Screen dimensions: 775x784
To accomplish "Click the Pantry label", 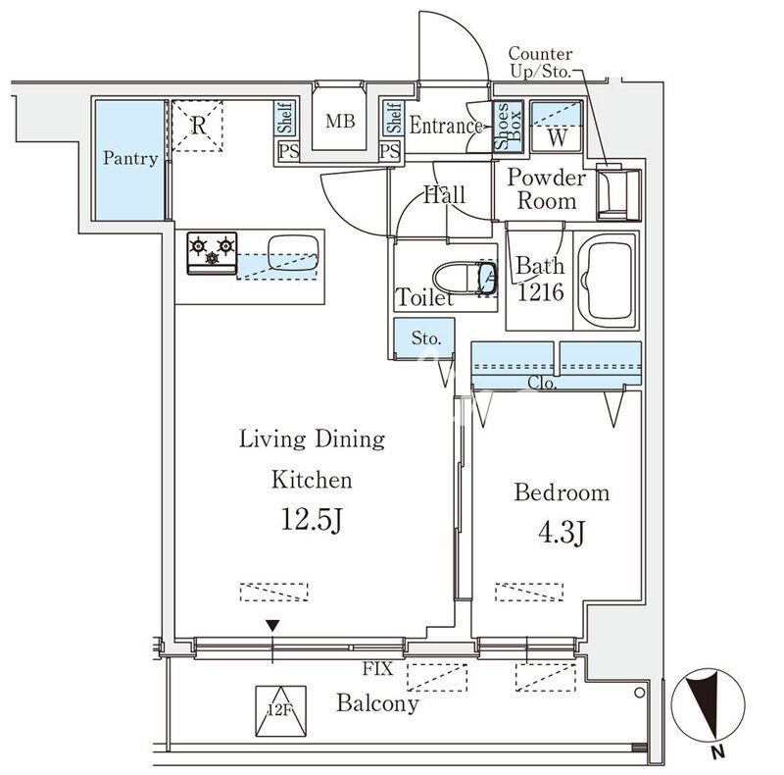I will (130, 158).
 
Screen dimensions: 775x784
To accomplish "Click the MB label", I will (340, 123).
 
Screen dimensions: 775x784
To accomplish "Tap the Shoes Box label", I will (502, 127).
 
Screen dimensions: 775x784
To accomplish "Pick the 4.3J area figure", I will (562, 533).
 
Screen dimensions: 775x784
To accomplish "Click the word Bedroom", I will (562, 492).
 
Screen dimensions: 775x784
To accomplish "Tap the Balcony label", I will (377, 703).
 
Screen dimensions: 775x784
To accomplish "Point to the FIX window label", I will (377, 670).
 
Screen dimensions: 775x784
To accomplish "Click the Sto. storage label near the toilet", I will (425, 338).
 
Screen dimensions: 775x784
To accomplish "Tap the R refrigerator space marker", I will (197, 125).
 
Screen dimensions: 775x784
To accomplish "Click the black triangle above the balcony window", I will (273, 625).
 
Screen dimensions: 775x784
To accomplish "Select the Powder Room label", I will (547, 189).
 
